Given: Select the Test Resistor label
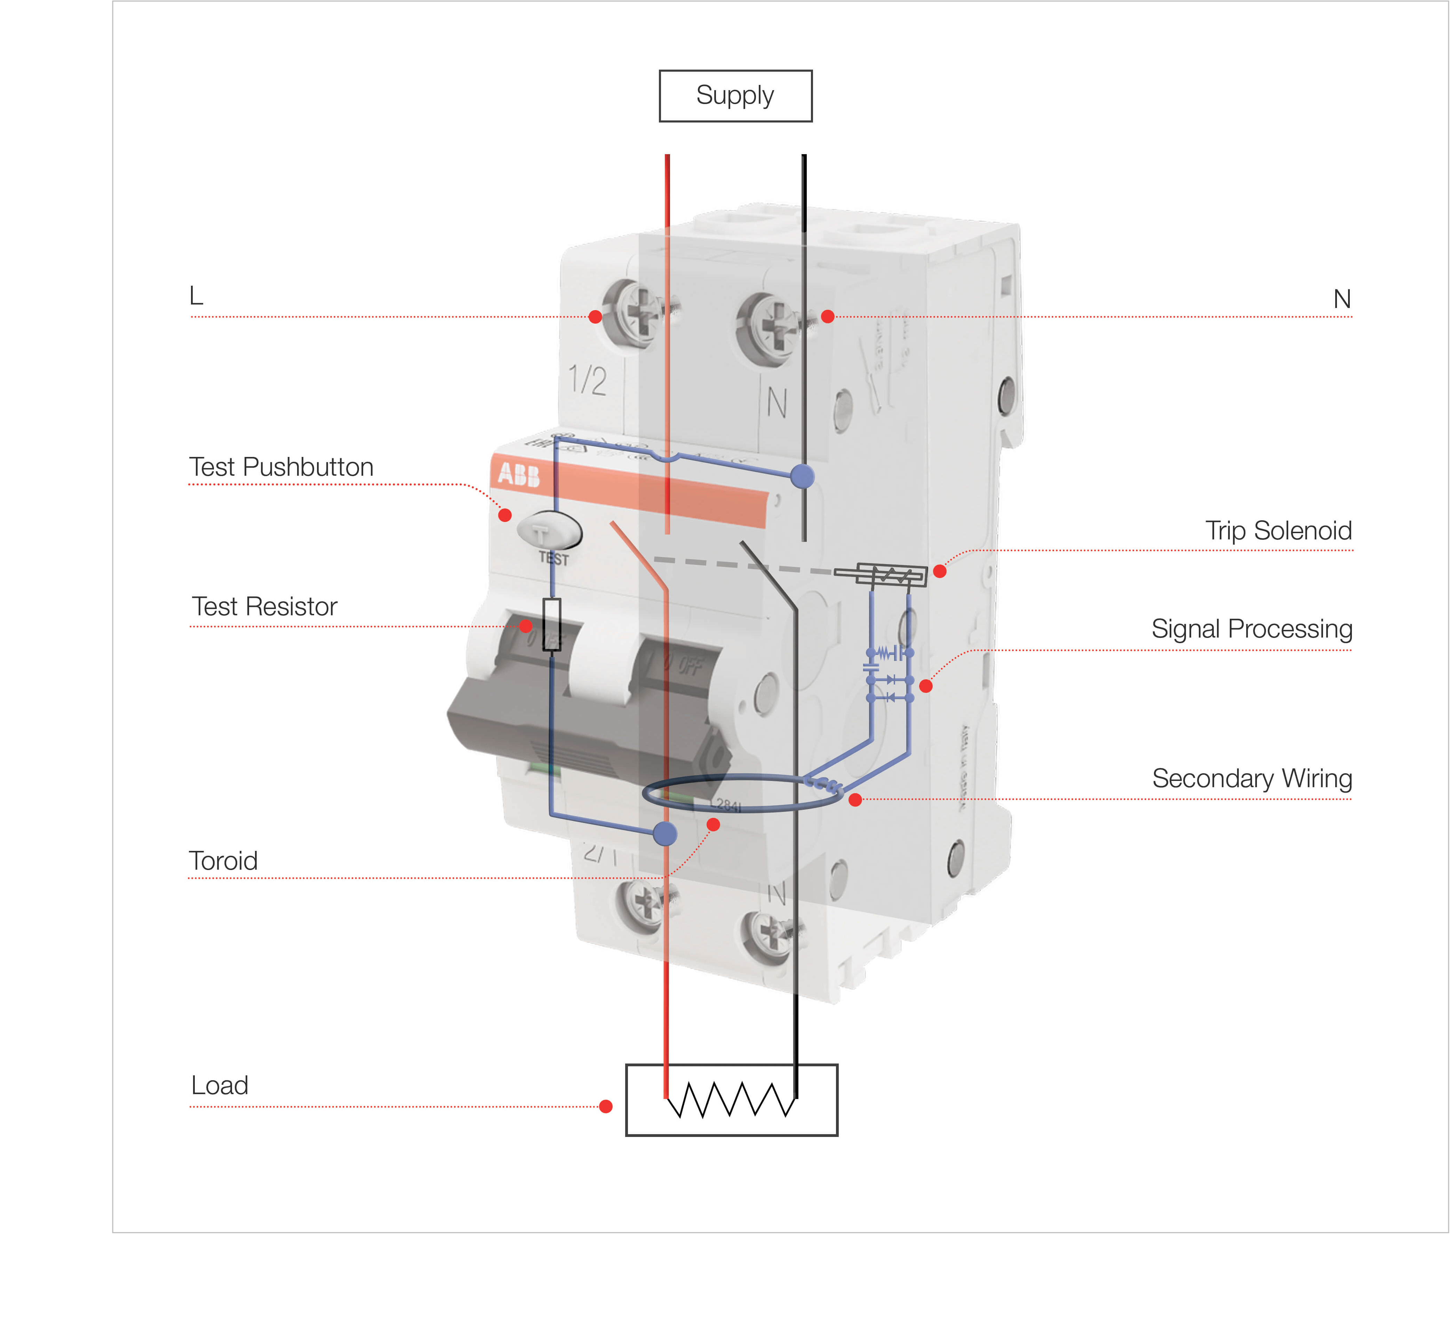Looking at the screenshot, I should pyautogui.click(x=265, y=607).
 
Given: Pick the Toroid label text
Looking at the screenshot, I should pyautogui.click(x=223, y=861).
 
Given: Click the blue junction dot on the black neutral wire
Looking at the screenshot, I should pyautogui.click(x=802, y=477).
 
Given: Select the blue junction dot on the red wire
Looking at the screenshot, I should pyautogui.click(x=665, y=833).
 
